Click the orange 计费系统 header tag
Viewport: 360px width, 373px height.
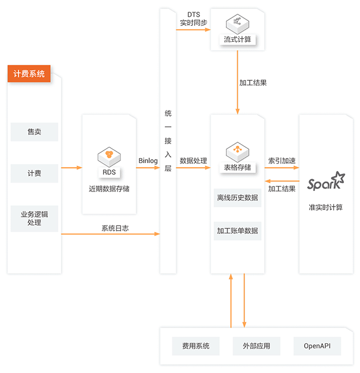[x=29, y=74]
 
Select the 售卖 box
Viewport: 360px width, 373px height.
[x=34, y=132]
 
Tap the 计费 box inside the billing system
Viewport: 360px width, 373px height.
[x=34, y=173]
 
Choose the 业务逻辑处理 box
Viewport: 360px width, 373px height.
[x=34, y=218]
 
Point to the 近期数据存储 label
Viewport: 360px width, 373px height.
[x=109, y=189]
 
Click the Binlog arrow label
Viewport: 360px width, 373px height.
[x=148, y=161]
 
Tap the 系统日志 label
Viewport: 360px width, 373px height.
[x=115, y=228]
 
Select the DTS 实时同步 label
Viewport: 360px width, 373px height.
[x=193, y=19]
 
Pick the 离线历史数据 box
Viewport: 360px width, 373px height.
[x=238, y=197]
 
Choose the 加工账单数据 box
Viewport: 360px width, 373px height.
[x=238, y=231]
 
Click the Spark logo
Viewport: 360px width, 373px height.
[x=326, y=182]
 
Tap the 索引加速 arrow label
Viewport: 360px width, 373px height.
[x=282, y=161]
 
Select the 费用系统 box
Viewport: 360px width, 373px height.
[x=192, y=346]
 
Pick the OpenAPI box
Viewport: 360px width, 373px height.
[x=317, y=346]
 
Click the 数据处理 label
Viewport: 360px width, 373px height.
[x=193, y=161]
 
